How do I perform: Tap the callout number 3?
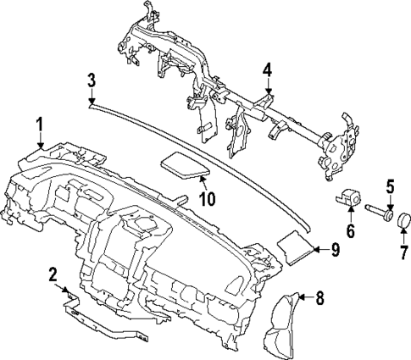point(92,81)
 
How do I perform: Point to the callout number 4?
point(267,71)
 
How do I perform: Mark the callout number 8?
point(319,297)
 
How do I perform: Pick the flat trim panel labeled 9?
point(296,246)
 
